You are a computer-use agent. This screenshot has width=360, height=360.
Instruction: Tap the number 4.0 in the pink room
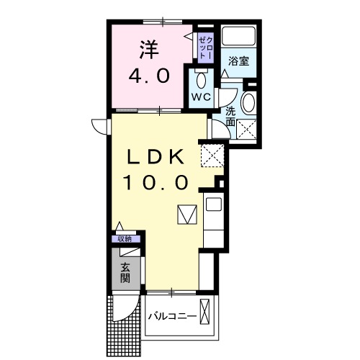[149, 76]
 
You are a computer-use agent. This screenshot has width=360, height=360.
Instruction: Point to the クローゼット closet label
[204, 47]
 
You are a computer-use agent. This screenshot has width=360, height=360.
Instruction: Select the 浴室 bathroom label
[239, 62]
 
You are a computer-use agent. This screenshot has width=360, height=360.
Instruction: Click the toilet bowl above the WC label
[199, 78]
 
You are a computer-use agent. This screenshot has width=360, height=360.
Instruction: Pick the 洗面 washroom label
[230, 116]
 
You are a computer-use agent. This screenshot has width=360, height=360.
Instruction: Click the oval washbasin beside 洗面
[248, 102]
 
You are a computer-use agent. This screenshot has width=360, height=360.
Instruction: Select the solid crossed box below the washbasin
[248, 130]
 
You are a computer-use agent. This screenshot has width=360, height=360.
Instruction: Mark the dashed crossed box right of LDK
[212, 154]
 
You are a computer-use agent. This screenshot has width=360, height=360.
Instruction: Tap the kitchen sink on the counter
[214, 204]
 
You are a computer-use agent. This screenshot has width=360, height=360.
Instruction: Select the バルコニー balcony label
[172, 315]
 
